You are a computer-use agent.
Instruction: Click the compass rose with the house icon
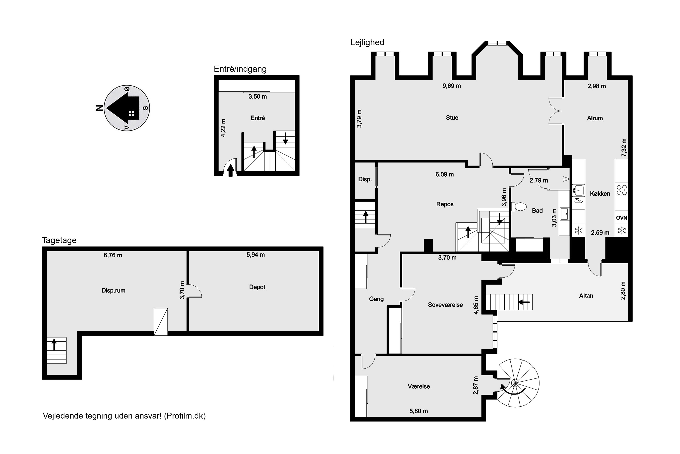127,108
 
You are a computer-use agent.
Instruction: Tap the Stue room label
452,118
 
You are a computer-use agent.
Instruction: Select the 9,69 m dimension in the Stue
452,86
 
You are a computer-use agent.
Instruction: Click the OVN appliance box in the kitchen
621,218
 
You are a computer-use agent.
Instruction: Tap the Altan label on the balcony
586,296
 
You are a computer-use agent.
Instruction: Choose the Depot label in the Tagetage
257,287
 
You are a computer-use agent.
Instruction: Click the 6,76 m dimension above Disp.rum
113,255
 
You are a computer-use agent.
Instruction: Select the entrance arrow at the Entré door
231,170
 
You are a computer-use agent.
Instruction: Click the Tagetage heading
59,240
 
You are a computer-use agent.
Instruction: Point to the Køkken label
600,194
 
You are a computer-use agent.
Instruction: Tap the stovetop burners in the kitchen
621,190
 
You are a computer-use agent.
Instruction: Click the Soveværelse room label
445,305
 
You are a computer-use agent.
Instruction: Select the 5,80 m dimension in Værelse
419,411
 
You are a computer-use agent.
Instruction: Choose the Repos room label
445,204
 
